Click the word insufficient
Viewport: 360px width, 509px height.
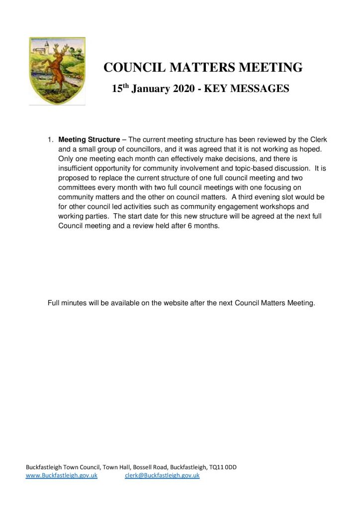[x=77, y=168]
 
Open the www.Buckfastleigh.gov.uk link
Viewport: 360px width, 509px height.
[x=61, y=476]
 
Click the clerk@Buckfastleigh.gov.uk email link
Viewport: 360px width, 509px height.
[x=162, y=476]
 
